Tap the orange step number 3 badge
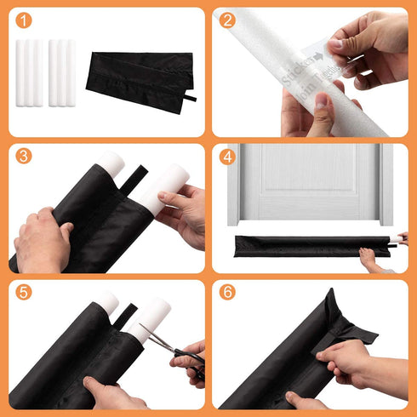pyautogui.click(x=23, y=157)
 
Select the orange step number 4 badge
pyautogui.click(x=226, y=157)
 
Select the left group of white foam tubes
pyautogui.click(x=29, y=71)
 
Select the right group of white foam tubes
pyautogui.click(x=62, y=71)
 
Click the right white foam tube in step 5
pyautogui.click(x=150, y=318)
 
